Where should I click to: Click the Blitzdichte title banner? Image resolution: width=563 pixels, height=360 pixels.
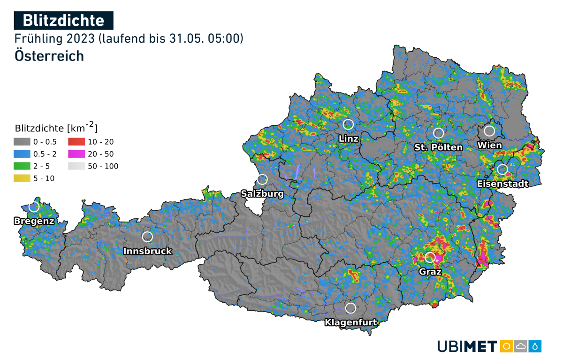coord(63,21)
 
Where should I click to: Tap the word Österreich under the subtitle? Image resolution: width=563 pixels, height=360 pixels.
coord(49,55)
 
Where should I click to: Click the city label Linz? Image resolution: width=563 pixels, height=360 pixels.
coord(348,138)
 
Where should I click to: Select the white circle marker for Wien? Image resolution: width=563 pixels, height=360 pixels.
coord(489,130)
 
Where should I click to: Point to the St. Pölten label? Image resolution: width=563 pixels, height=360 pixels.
coord(438,147)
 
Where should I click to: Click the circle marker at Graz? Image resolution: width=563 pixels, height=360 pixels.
coord(430,257)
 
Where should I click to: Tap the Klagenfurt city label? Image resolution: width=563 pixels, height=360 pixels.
coord(350,322)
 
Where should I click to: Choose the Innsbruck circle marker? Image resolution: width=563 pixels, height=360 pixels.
coord(147,237)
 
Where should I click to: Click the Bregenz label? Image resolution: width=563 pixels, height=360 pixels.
coord(34,221)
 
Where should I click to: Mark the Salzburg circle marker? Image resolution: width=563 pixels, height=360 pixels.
coord(262,179)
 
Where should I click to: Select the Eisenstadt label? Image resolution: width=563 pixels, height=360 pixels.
coord(502,184)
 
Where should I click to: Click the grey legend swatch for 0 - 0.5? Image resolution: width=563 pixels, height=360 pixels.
coord(22,142)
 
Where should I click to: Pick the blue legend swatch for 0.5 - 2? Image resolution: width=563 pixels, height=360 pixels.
coord(22,154)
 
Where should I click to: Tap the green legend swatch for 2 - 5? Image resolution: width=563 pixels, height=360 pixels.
coord(22,166)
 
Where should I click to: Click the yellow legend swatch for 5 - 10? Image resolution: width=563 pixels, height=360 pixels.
coord(22,178)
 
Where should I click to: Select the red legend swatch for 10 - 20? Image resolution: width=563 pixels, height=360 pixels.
coord(76,142)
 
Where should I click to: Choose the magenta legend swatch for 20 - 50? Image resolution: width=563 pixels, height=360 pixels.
coord(76,154)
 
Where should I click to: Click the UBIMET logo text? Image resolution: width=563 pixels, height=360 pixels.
coord(467,347)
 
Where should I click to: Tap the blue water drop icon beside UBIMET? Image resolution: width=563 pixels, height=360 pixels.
coord(535,346)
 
